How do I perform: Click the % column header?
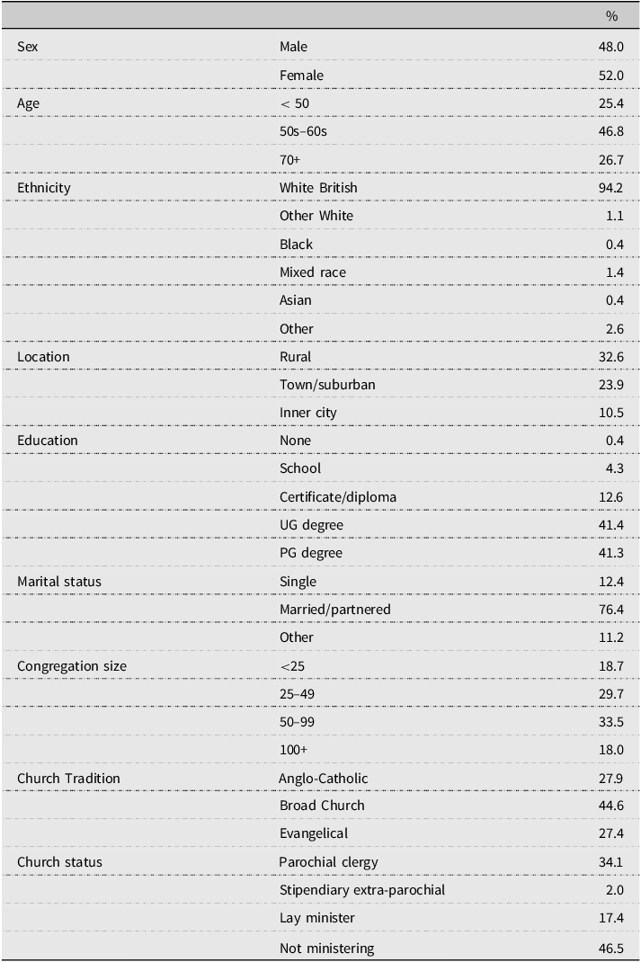(x=611, y=16)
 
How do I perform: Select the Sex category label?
(x=28, y=47)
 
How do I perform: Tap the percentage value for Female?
(x=611, y=76)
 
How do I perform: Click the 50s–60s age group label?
(x=303, y=131)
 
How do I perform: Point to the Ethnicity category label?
(x=43, y=188)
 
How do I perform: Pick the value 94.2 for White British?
(x=611, y=188)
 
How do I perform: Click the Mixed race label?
(x=313, y=272)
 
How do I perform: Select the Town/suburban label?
(x=327, y=385)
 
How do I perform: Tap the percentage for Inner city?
(x=611, y=413)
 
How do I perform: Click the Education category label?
(x=48, y=441)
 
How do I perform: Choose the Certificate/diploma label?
(x=338, y=497)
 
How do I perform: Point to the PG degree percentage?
(x=611, y=553)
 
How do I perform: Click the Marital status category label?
(x=59, y=582)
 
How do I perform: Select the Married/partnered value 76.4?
(x=611, y=610)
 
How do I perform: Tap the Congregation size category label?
(x=72, y=666)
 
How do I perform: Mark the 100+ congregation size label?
(x=293, y=750)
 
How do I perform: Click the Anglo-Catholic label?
(x=324, y=779)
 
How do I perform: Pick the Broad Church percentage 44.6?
(x=611, y=806)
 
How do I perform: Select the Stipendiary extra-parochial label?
(x=362, y=890)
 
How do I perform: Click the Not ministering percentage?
(x=611, y=948)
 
